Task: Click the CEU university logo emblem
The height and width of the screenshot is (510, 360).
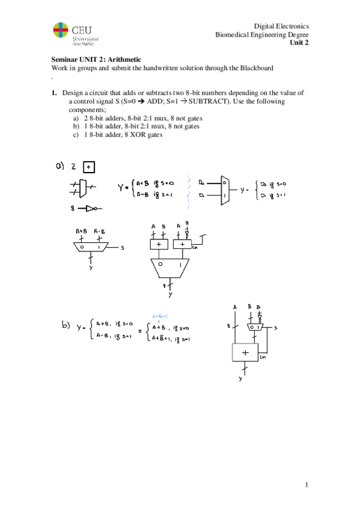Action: click(61, 31)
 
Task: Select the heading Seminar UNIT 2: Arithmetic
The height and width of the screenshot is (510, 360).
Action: click(96, 60)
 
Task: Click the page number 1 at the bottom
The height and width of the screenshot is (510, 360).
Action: click(306, 485)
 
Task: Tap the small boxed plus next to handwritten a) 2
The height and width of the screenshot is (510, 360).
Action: click(89, 168)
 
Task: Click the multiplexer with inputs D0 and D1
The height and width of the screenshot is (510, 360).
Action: click(224, 188)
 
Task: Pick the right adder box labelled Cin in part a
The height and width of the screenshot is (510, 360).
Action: click(182, 245)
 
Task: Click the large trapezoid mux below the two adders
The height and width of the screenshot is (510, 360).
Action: click(170, 268)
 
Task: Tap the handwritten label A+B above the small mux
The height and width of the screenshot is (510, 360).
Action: click(81, 232)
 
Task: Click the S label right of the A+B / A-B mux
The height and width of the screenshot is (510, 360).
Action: click(122, 247)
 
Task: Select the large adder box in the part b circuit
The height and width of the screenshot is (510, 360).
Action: click(245, 353)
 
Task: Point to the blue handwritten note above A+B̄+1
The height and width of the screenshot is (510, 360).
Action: click(160, 316)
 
